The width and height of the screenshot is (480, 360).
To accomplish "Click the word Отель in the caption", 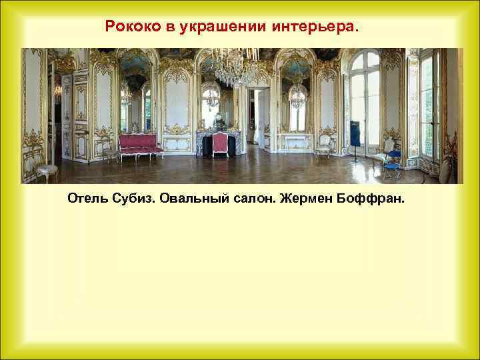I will point(87,199).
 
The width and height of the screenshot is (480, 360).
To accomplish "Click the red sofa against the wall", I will point(140,145).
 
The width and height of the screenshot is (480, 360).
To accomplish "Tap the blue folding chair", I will point(392,162).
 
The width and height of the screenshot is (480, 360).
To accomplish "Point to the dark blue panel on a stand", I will point(355,133).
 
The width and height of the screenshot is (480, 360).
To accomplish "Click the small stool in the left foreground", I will point(47,171).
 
